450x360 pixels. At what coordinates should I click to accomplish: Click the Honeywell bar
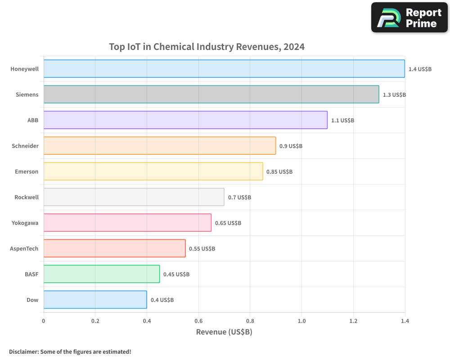pyautogui.click(x=224, y=69)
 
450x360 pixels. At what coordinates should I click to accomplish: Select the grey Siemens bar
pyautogui.click(x=211, y=94)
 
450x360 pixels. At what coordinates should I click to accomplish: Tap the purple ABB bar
pyautogui.click(x=185, y=120)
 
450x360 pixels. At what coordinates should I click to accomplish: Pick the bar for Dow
pyautogui.click(x=95, y=300)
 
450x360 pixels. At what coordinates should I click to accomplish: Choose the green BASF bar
pyautogui.click(x=102, y=274)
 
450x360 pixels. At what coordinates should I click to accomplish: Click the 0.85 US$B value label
pyautogui.click(x=279, y=171)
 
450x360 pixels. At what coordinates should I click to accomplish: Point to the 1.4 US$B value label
pyautogui.click(x=420, y=69)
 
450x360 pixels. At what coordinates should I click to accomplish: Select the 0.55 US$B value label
pyautogui.click(x=202, y=248)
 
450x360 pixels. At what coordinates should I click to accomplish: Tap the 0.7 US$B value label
pyautogui.click(x=239, y=197)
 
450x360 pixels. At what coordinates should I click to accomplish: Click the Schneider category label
pyautogui.click(x=25, y=146)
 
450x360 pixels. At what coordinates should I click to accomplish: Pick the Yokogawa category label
pyautogui.click(x=25, y=223)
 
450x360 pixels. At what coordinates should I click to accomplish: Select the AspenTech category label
pyautogui.click(x=24, y=248)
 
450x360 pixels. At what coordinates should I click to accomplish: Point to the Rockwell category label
pyautogui.click(x=27, y=197)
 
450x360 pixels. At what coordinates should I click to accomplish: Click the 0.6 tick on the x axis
pyautogui.click(x=198, y=321)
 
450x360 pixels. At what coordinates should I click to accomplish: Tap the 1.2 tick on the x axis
pyautogui.click(x=353, y=321)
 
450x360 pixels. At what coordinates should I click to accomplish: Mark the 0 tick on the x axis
pyautogui.click(x=44, y=321)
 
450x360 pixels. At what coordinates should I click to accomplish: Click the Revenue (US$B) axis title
pyautogui.click(x=224, y=332)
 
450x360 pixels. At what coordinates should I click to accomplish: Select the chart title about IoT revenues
pyautogui.click(x=207, y=47)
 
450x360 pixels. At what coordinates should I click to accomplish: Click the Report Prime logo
pyautogui.click(x=409, y=18)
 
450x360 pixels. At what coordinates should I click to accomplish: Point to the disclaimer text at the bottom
pyautogui.click(x=70, y=351)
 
